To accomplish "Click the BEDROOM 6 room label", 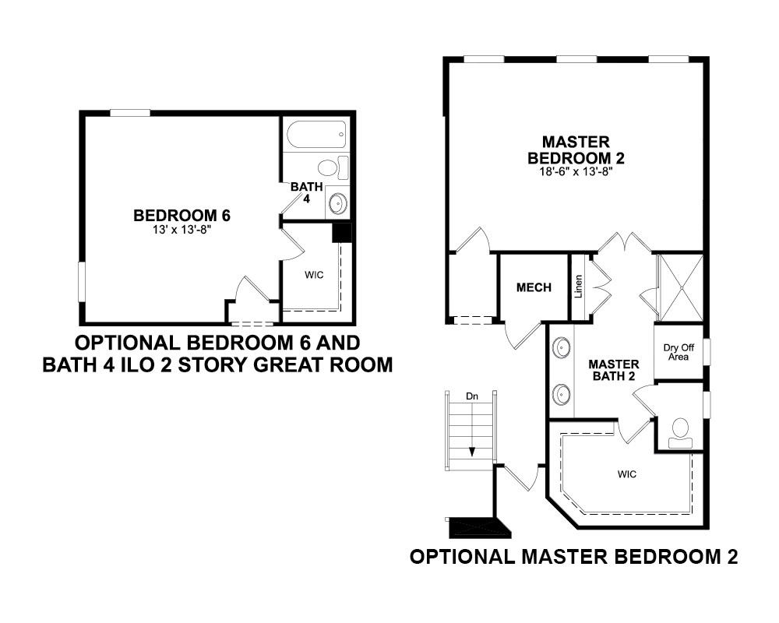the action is (x=182, y=216).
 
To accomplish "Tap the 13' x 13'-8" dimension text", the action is (x=182, y=230).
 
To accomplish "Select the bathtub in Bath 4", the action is (x=316, y=134).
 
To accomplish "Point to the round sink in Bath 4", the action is (x=337, y=203).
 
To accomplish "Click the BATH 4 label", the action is (x=306, y=192).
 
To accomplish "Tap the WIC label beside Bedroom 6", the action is (x=314, y=275).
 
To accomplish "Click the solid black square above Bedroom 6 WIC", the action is (x=342, y=233).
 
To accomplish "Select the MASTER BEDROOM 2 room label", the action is (x=576, y=150).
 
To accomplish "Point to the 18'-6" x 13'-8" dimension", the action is (x=576, y=172).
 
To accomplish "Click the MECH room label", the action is (x=534, y=287).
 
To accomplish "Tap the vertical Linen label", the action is (x=578, y=287).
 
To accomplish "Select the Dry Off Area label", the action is (x=679, y=352).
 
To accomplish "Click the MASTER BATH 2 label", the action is (x=614, y=371).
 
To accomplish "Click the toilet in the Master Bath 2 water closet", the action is (x=679, y=433).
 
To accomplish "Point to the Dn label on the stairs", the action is (x=472, y=396).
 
